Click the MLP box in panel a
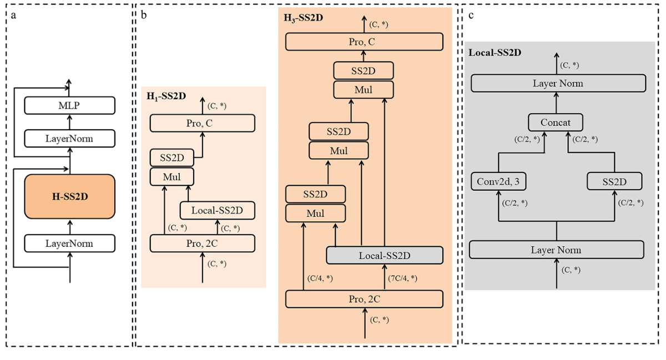point(69,105)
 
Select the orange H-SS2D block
point(69,197)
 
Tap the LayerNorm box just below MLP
point(69,138)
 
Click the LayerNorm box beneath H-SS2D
point(69,243)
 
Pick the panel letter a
point(13,15)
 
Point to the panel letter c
point(471,15)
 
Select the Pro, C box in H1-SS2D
point(202,123)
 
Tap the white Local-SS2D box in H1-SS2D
point(218,210)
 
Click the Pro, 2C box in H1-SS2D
point(202,243)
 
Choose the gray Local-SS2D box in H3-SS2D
point(384,255)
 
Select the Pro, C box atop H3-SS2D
point(364,42)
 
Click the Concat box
point(556,123)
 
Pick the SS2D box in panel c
point(614,181)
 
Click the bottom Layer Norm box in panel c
point(556,250)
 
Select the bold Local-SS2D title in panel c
point(495,53)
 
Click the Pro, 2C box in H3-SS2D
point(364,298)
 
